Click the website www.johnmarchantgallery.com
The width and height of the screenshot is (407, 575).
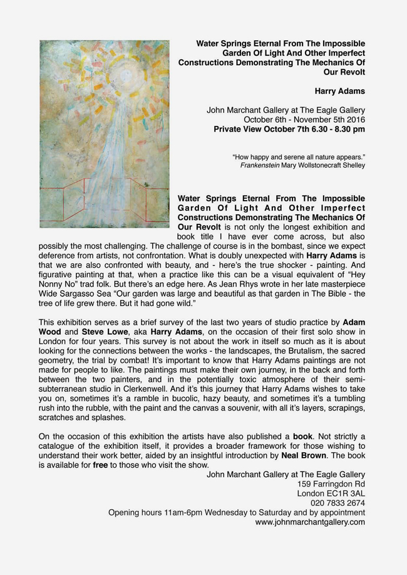pos(310,522)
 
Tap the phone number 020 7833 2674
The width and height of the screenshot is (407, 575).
pos(337,503)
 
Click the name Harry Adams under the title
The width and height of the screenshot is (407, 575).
pos(340,91)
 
